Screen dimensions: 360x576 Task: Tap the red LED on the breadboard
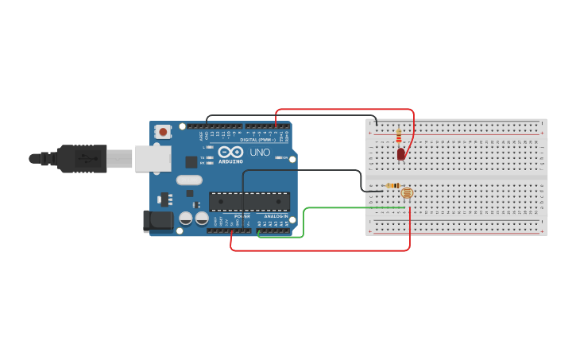[401, 153]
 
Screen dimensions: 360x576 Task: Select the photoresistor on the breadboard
[407, 192]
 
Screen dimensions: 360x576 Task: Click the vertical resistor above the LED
[399, 137]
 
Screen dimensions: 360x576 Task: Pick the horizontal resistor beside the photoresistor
[392, 186]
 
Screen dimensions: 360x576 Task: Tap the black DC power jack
[157, 221]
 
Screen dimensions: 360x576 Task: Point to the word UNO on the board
[260, 152]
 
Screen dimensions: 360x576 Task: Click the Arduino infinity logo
[231, 152]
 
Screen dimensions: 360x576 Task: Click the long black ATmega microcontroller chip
[249, 202]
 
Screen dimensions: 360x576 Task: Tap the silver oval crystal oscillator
[189, 180]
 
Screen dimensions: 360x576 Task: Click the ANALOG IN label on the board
[276, 215]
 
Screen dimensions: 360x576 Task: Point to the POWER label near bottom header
[242, 215]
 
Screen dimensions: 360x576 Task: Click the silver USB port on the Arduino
[153, 158]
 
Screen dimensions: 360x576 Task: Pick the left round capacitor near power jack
[186, 218]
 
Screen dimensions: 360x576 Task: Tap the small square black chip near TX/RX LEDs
[191, 161]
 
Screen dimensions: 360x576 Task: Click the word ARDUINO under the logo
[231, 161]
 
